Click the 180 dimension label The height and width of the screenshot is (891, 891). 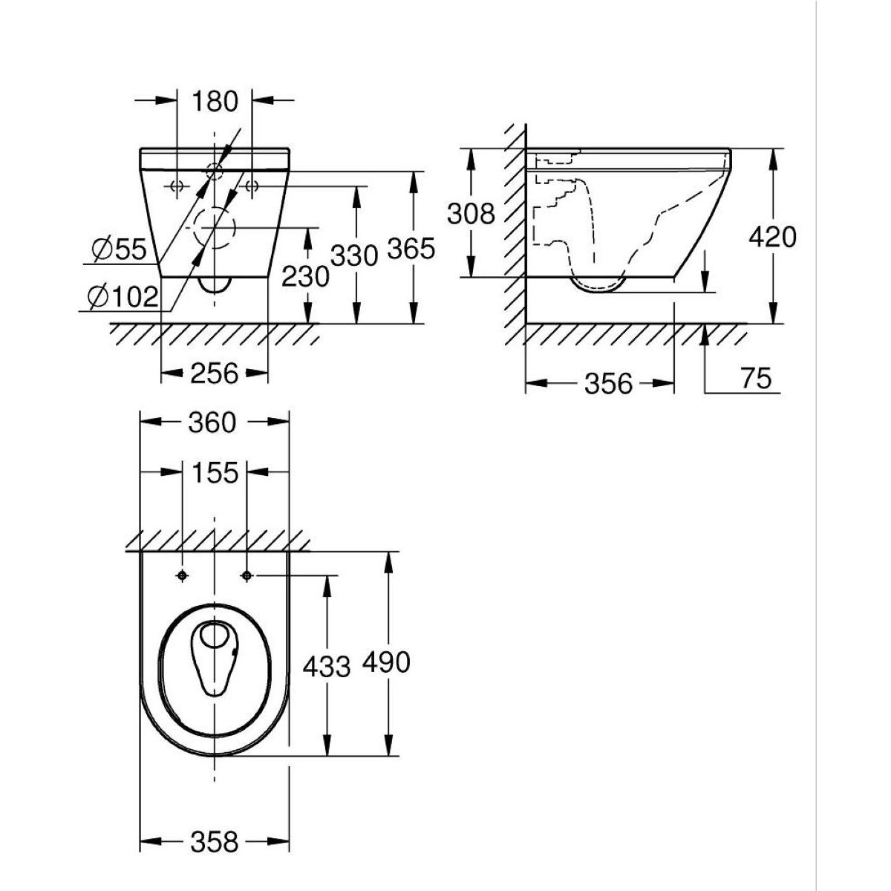click(x=215, y=101)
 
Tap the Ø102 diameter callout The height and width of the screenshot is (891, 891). click(x=123, y=297)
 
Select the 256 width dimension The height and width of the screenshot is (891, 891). click(x=215, y=373)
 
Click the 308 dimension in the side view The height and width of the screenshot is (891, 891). click(x=471, y=214)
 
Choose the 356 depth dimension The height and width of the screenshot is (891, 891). click(x=608, y=383)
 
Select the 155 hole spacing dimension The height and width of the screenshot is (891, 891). click(x=215, y=472)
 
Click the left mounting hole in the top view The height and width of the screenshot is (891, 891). click(x=182, y=575)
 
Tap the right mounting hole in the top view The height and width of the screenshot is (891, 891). click(x=247, y=575)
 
